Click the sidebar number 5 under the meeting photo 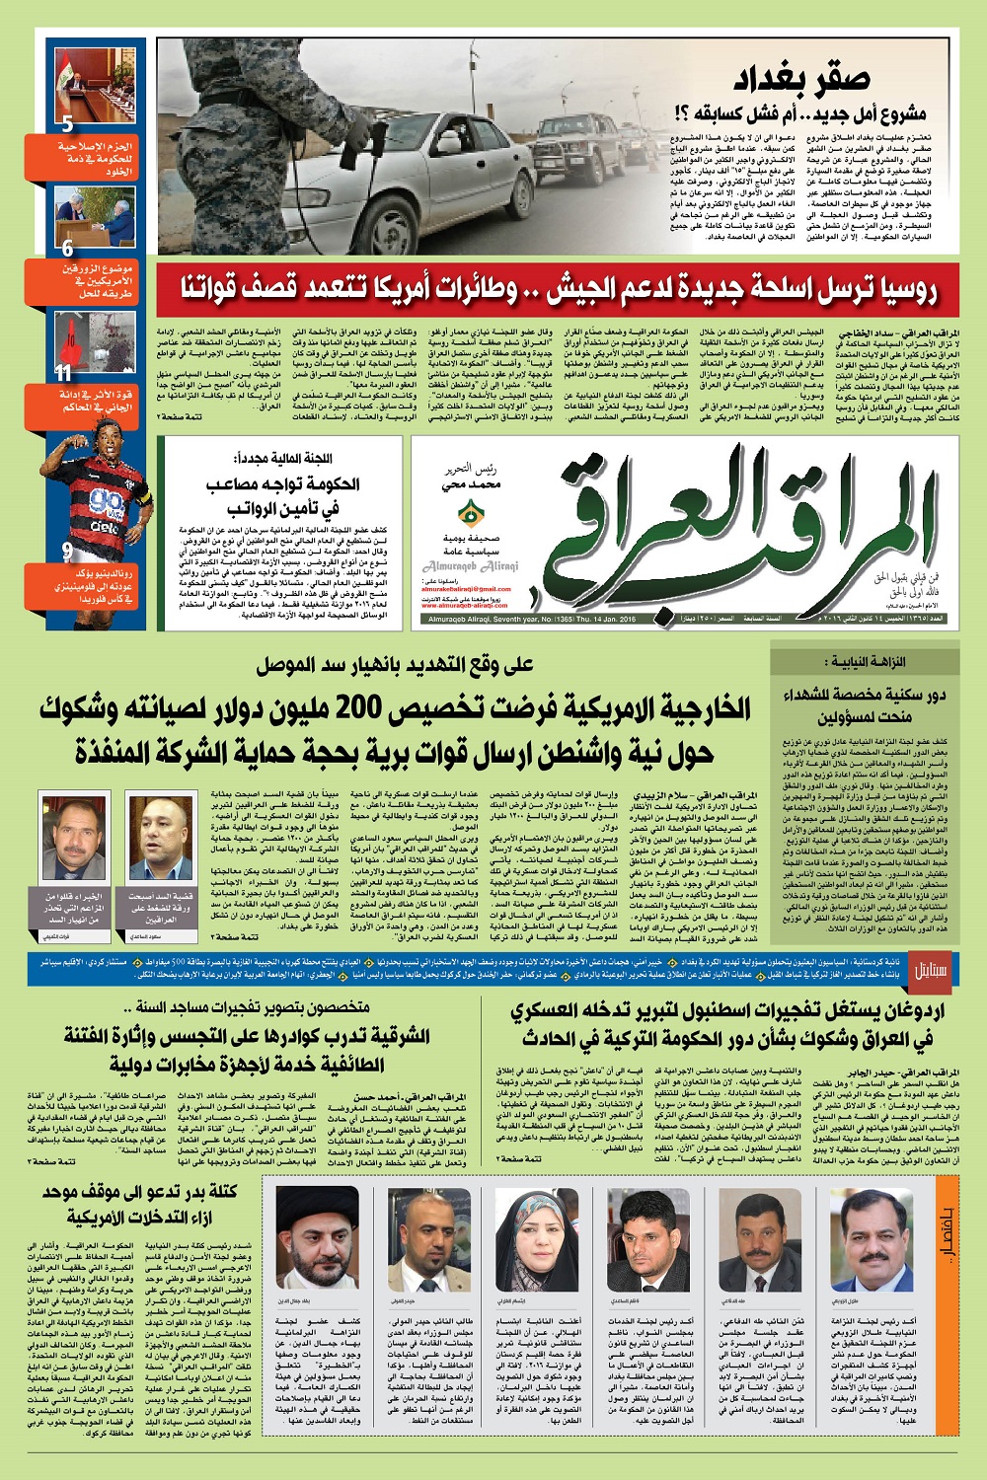(67, 124)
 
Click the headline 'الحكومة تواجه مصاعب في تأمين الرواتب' (282, 496)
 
